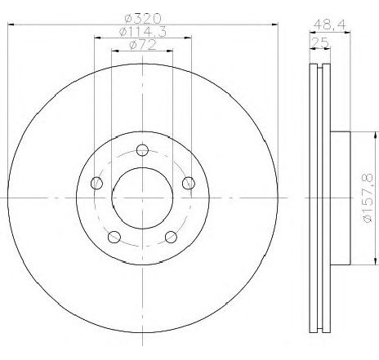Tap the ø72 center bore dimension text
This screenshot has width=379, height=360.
(143, 47)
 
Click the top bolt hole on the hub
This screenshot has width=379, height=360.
(142, 149)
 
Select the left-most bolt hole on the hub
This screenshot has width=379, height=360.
(97, 182)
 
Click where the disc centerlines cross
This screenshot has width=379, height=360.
(142, 198)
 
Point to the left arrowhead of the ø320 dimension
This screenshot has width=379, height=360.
(11, 26)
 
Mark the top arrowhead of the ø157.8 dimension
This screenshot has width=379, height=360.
(359, 134)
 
